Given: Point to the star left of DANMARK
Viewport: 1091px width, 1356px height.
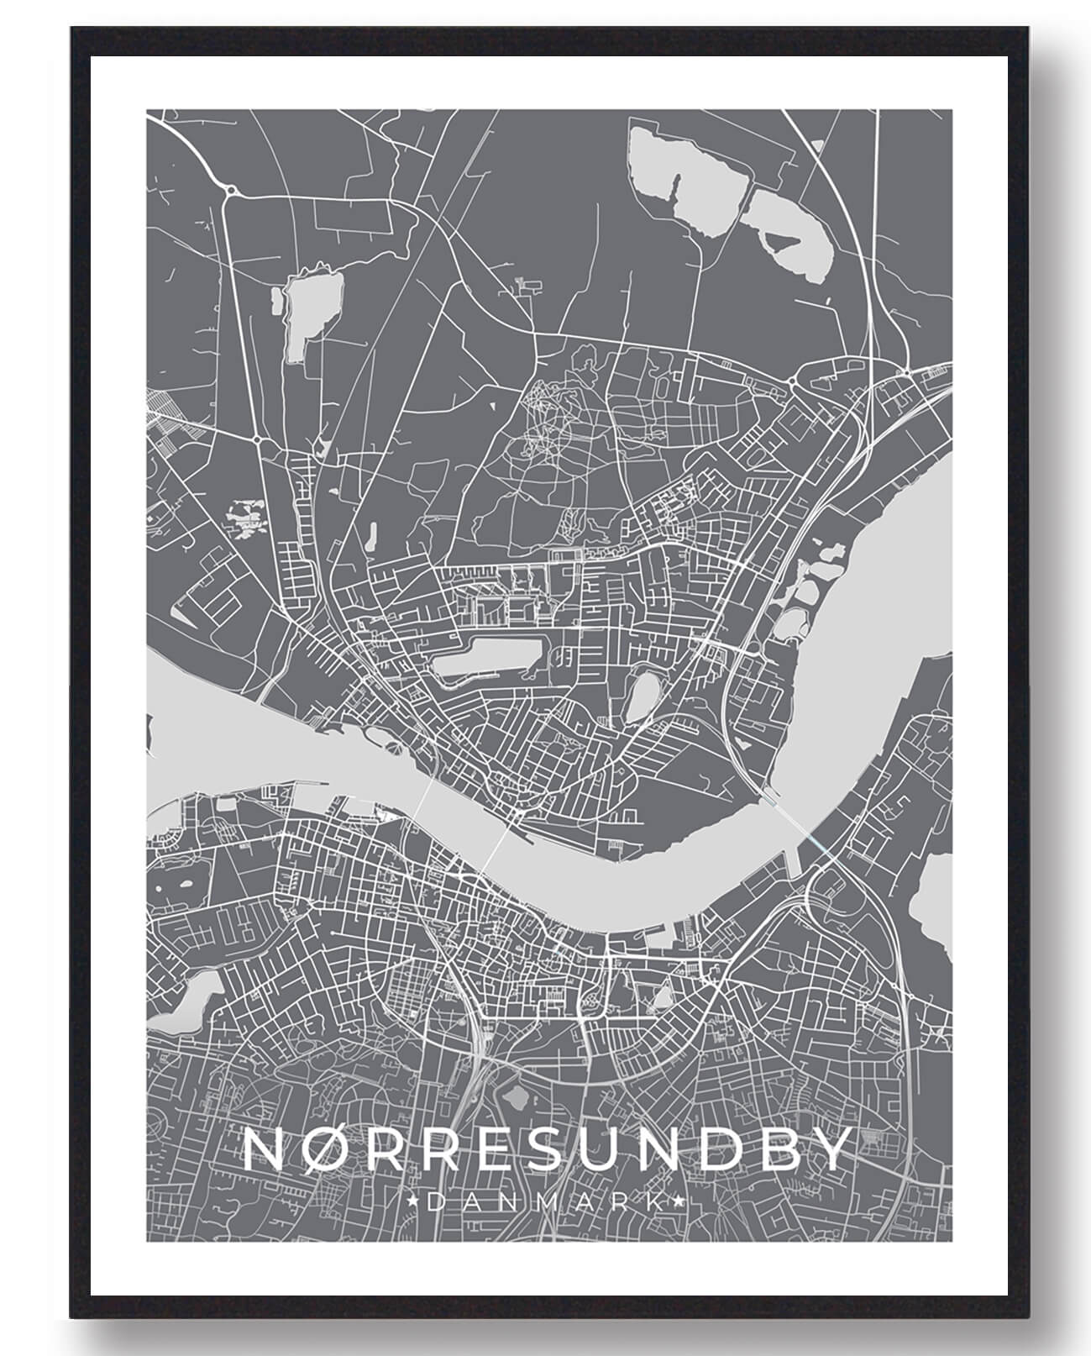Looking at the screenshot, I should (x=412, y=1203).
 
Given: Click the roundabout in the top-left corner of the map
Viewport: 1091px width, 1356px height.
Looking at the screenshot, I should (x=231, y=192).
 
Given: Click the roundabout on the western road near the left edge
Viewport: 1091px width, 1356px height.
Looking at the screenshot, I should (x=258, y=438).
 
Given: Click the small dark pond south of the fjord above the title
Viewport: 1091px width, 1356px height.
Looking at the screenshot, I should (x=513, y=1096).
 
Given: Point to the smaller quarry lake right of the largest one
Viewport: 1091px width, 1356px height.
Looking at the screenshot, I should (x=794, y=231).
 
